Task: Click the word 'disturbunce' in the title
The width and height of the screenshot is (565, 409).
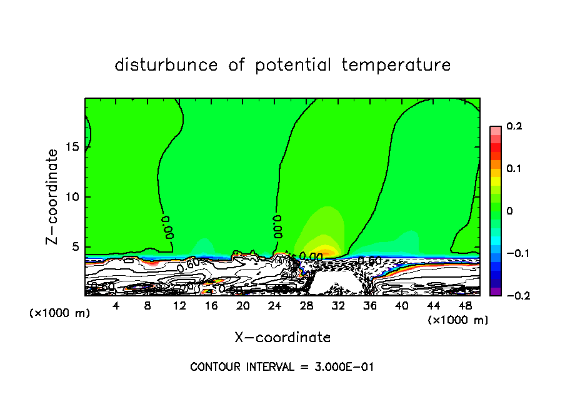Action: click(x=166, y=65)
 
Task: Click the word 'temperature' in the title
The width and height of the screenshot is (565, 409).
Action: click(x=396, y=65)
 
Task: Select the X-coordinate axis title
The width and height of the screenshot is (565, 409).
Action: click(x=282, y=338)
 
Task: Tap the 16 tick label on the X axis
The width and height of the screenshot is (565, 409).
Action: click(x=211, y=306)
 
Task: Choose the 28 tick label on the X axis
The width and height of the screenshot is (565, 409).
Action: click(x=306, y=306)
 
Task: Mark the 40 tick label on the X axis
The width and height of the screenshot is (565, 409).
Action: click(x=401, y=306)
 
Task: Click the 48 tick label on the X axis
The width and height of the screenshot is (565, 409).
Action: click(x=465, y=306)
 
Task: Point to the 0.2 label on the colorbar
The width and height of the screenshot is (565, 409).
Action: click(x=514, y=126)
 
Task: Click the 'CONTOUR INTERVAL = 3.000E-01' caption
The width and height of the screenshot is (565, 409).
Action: click(x=282, y=367)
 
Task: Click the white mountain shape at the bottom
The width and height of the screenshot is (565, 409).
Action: click(x=335, y=283)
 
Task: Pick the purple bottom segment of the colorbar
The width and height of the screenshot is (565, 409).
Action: click(x=495, y=291)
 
